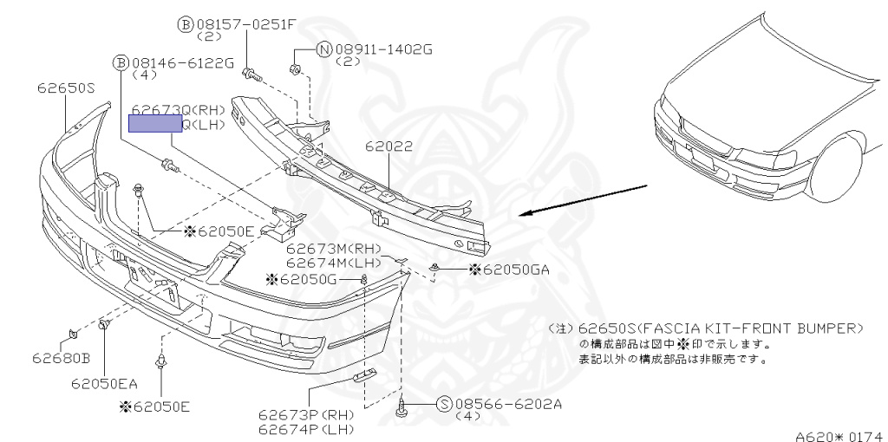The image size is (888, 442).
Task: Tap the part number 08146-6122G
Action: [x=182, y=62]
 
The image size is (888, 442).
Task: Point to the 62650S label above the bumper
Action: [x=65, y=88]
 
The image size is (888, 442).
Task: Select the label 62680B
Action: [x=62, y=357]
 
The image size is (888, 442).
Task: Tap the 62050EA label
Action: [x=105, y=382]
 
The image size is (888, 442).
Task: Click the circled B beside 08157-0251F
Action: [x=186, y=24]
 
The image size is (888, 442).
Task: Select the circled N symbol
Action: [x=323, y=49]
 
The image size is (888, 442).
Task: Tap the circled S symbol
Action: [x=443, y=403]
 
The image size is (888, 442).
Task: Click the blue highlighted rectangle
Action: [x=153, y=124]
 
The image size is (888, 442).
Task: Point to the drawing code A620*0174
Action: [x=838, y=434]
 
